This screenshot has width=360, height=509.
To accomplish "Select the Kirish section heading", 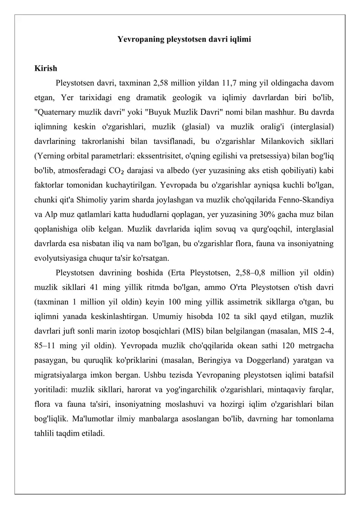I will pyautogui.click(x=46, y=69).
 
